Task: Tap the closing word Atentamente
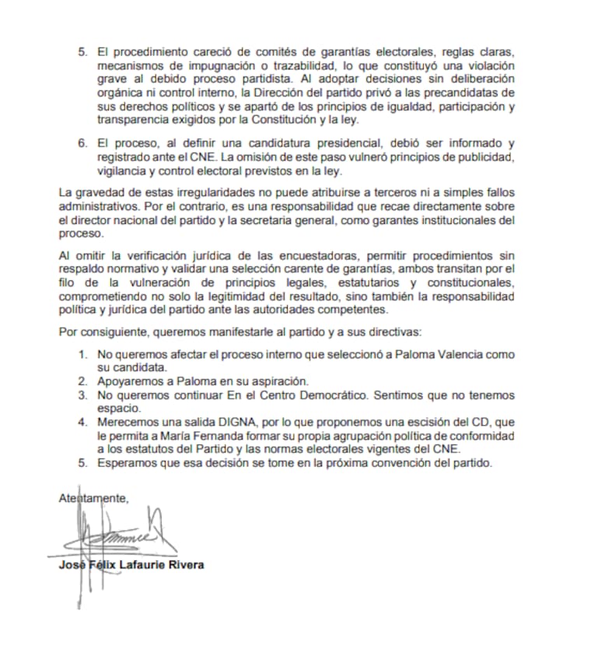(93, 498)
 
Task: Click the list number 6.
(82, 143)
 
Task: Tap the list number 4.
(82, 422)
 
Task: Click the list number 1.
(82, 354)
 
